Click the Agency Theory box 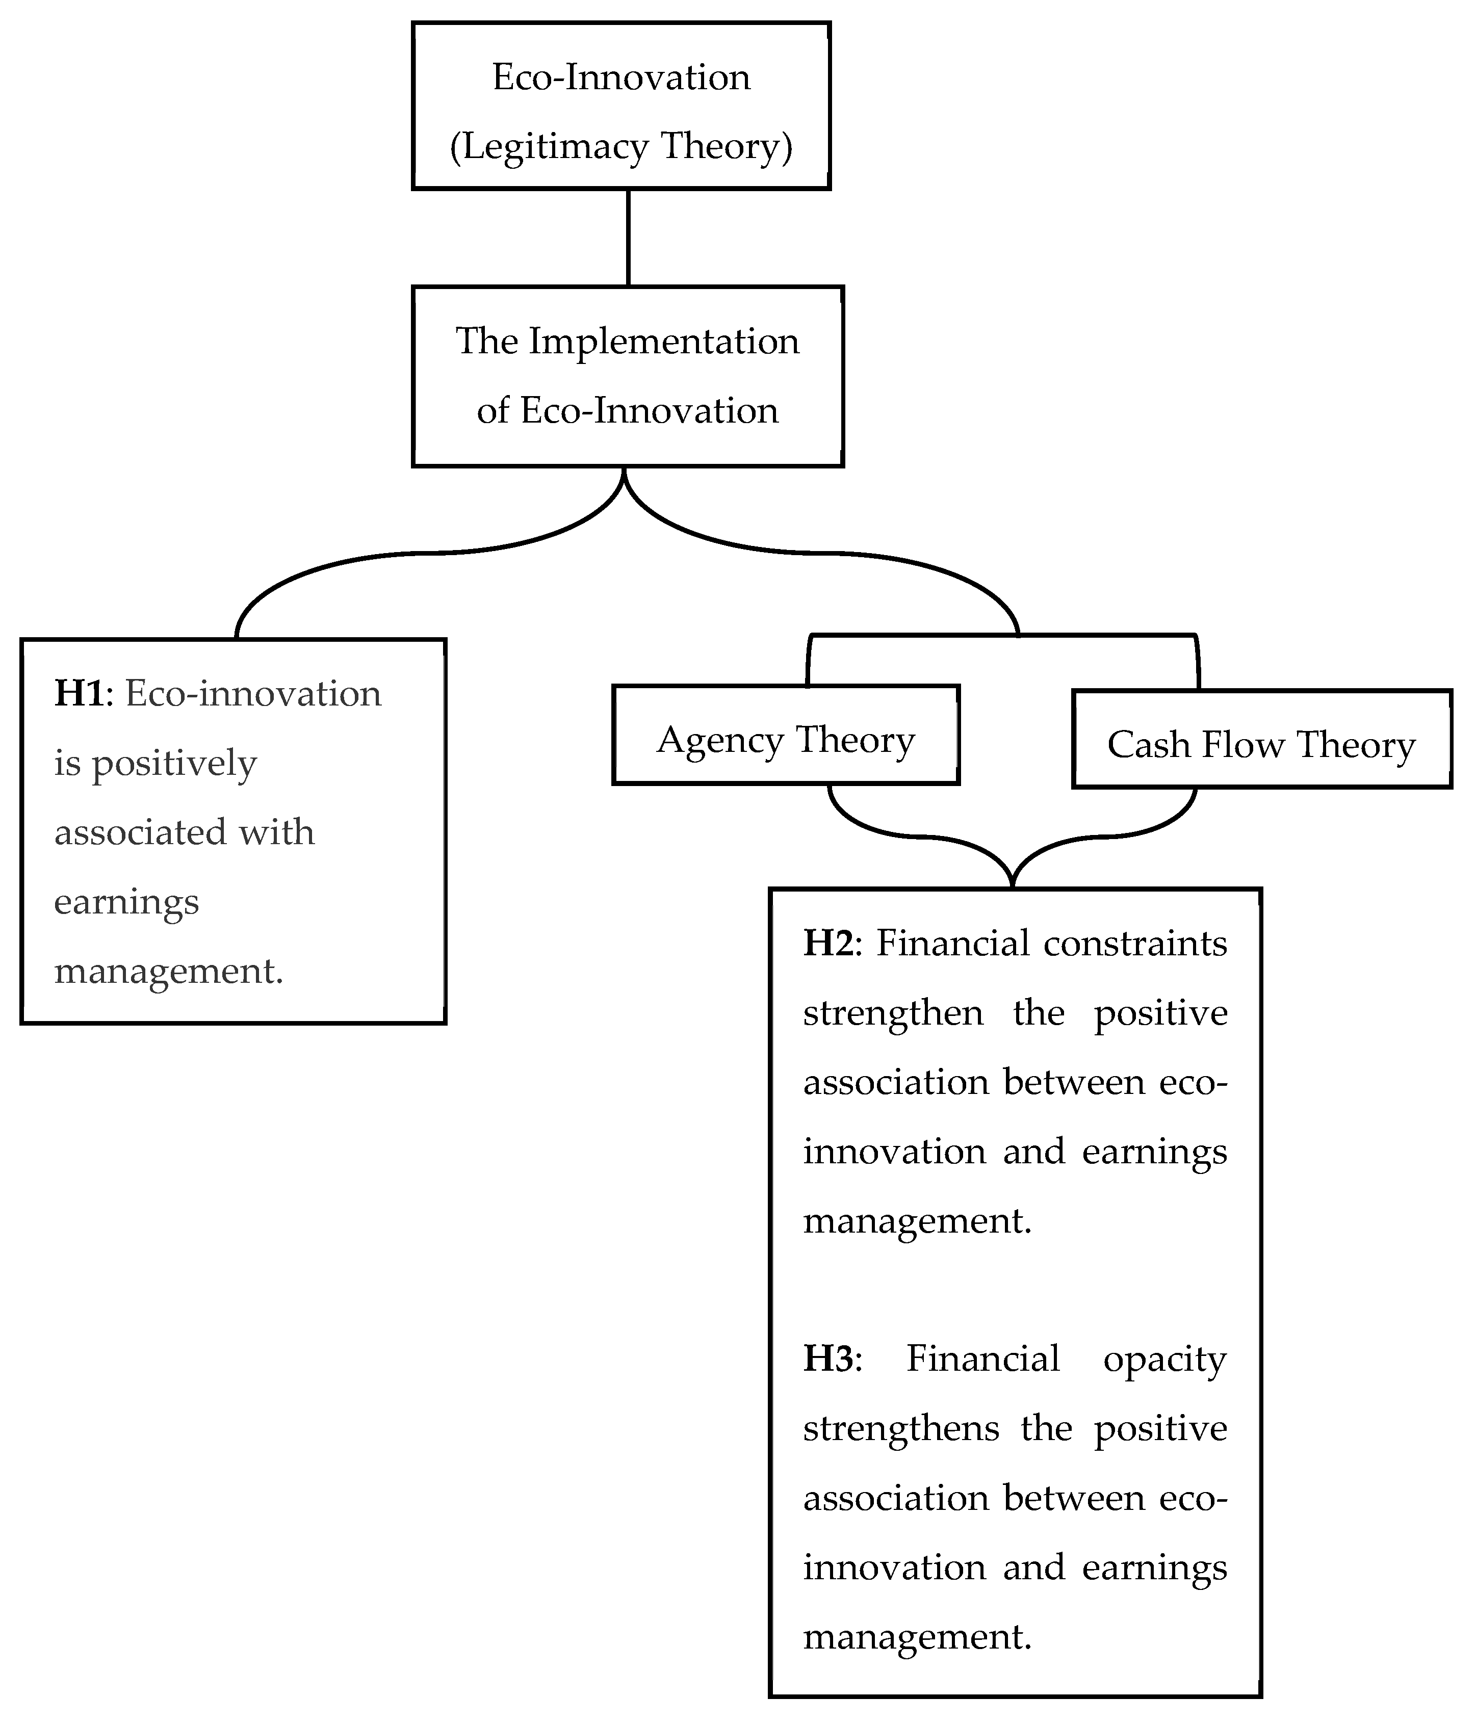pyautogui.click(x=786, y=735)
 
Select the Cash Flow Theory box pyautogui.click(x=1261, y=739)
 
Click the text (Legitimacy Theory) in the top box pyautogui.click(x=620, y=146)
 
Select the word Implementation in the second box pyautogui.click(x=663, y=341)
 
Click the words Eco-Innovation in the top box pyautogui.click(x=620, y=77)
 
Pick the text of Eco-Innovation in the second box pyautogui.click(x=649, y=411)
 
